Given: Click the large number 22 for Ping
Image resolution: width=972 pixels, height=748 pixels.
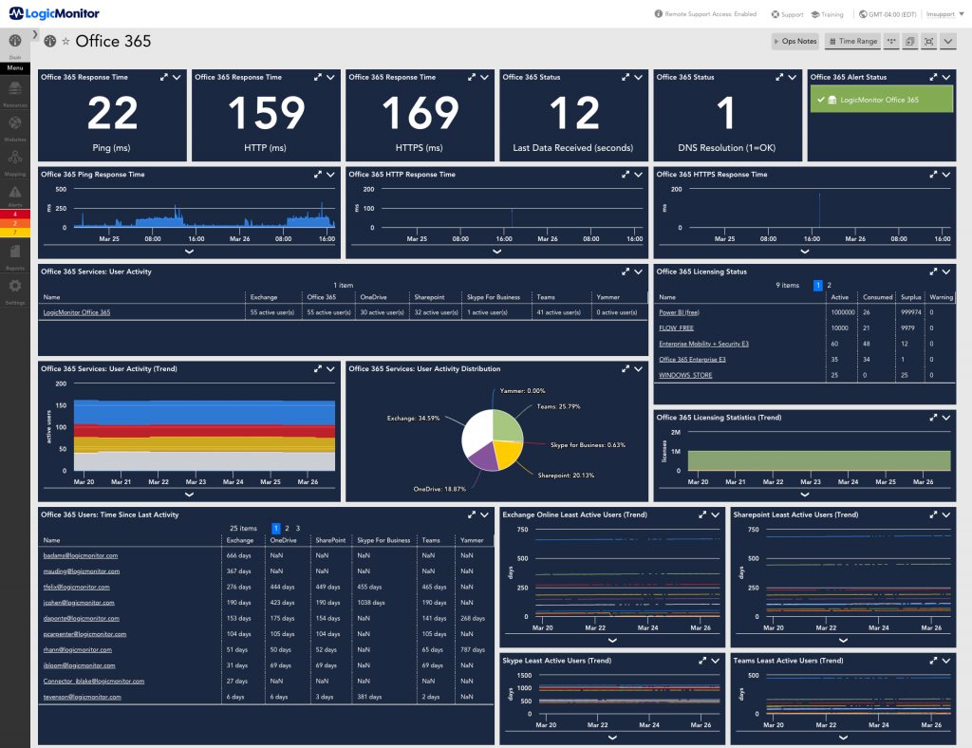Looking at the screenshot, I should click(x=113, y=115).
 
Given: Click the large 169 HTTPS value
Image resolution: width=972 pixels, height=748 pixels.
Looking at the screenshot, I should click(x=421, y=115).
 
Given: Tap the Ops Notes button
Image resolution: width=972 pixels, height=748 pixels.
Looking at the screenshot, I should click(x=794, y=42).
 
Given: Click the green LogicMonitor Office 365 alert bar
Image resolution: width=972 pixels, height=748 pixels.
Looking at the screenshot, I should click(x=880, y=100).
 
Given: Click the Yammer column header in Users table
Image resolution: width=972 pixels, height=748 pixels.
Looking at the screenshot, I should click(x=472, y=540).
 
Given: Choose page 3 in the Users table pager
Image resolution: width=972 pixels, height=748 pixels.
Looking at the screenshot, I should click(x=298, y=528).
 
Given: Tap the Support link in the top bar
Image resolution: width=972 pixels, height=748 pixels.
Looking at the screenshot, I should click(x=787, y=15).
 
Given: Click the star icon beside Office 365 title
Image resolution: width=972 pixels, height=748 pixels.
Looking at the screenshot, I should click(x=65, y=42).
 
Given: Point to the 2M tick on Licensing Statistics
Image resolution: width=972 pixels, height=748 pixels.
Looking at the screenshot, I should click(x=675, y=432).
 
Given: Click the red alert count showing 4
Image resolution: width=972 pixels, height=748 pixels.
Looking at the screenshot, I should click(x=15, y=215).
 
